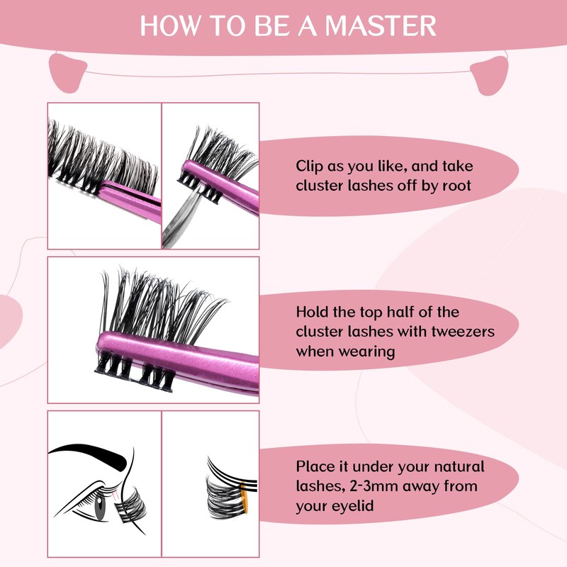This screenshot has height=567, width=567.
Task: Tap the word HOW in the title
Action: [165, 26]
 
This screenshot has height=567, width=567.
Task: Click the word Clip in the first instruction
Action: [310, 167]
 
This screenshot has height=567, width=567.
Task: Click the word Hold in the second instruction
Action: [312, 313]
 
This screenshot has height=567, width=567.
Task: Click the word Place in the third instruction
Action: [314, 468]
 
